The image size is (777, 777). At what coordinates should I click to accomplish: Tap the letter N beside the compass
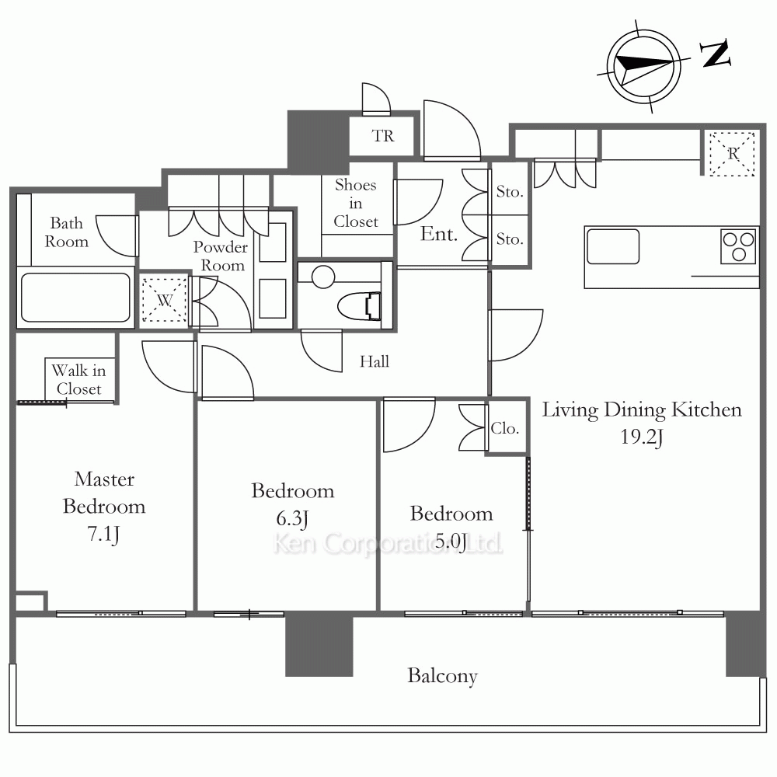715,54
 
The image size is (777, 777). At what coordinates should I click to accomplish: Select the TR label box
382,136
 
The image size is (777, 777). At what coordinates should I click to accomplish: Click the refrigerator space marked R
732,154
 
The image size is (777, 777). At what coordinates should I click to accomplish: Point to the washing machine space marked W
164,300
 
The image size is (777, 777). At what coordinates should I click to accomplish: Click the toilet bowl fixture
359,305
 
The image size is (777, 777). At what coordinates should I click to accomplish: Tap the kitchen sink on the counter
613,246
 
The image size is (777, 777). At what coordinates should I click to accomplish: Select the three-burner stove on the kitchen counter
738,246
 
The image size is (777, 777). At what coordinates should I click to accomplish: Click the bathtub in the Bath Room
75,298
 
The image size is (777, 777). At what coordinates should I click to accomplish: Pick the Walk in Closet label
78,380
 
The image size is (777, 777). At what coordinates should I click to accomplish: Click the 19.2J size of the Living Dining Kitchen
641,437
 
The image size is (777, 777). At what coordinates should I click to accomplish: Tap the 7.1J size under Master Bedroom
103,535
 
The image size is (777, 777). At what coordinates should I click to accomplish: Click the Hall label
375,362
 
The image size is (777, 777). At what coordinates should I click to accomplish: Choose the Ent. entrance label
438,234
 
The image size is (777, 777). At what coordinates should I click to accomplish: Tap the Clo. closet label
505,428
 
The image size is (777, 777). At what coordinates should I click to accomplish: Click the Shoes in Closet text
356,203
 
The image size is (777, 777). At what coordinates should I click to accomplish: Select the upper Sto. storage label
510,192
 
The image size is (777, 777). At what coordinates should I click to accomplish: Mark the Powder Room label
221,256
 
